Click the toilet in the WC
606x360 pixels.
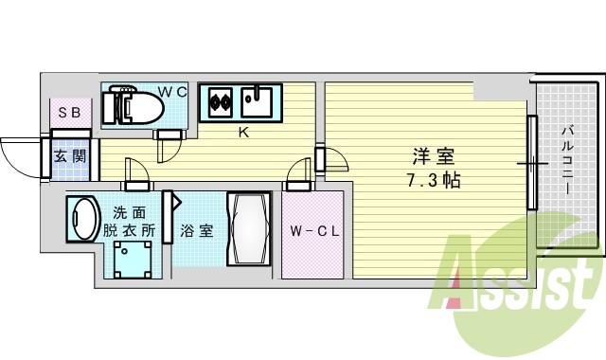[x=136, y=105]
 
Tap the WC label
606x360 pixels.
[x=171, y=92]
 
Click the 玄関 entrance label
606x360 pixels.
[x=68, y=155]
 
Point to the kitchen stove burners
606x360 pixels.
[x=222, y=99]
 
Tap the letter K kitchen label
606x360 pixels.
[x=243, y=133]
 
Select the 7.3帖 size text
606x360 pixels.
[x=431, y=179]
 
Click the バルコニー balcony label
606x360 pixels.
[x=565, y=161]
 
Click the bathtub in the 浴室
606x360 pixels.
[x=249, y=230]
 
